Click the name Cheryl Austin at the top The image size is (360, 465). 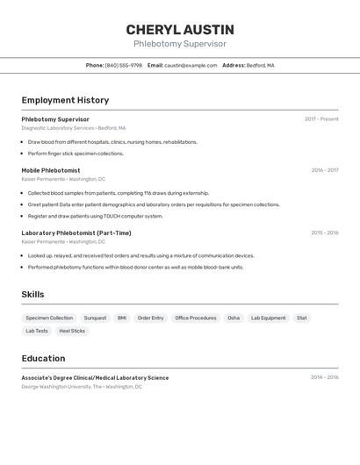(x=179, y=29)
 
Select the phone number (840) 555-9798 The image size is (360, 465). (x=123, y=65)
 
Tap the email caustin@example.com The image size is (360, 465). (x=191, y=65)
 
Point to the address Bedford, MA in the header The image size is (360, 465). (x=260, y=65)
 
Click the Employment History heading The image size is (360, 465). (x=65, y=100)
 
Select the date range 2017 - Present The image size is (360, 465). (x=321, y=119)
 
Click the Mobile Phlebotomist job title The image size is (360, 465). (x=50, y=170)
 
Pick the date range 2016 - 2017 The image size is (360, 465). (x=324, y=170)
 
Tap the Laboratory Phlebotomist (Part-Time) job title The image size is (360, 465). (x=76, y=232)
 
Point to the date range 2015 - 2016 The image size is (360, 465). (x=324, y=232)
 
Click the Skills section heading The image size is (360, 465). (x=32, y=295)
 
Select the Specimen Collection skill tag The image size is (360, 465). (x=49, y=318)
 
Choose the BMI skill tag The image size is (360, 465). (x=122, y=318)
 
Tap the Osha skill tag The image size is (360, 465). (x=234, y=318)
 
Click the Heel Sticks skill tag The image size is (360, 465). (x=72, y=331)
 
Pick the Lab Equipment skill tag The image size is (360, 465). (x=268, y=318)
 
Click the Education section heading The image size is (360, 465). (x=43, y=358)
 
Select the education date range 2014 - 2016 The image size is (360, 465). (x=324, y=377)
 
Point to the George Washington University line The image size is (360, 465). (x=82, y=386)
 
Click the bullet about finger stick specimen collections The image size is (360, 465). (x=76, y=154)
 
